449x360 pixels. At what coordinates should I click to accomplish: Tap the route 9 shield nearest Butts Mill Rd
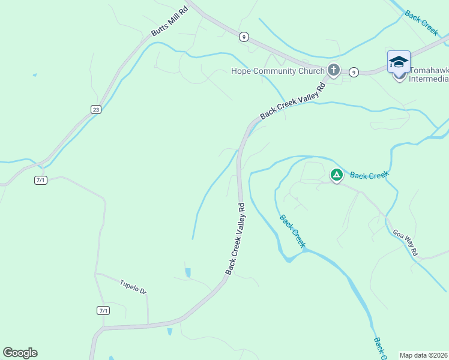[x=243, y=37]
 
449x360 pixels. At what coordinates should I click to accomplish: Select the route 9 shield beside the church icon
[x=354, y=72]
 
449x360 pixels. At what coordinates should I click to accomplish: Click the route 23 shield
[x=96, y=109]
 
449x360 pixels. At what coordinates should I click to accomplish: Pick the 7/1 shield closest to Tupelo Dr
[x=103, y=310]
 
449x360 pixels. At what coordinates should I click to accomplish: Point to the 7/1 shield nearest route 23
[x=40, y=180]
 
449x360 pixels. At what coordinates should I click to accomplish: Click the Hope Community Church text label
[x=277, y=71]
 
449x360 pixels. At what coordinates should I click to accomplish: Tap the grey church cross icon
[x=334, y=70]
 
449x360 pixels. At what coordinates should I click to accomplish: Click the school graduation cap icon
[x=399, y=62]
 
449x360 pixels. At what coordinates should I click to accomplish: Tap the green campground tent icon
[x=336, y=175]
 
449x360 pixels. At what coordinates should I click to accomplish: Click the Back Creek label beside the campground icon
[x=369, y=175]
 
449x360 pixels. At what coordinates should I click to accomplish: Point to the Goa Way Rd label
[x=405, y=242]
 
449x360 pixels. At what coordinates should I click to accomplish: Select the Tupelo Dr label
[x=133, y=287]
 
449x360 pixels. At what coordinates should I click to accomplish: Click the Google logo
[x=20, y=353]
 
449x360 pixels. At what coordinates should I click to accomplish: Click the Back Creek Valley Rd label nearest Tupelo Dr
[x=235, y=239]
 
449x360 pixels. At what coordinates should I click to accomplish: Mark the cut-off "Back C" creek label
[x=379, y=349]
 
